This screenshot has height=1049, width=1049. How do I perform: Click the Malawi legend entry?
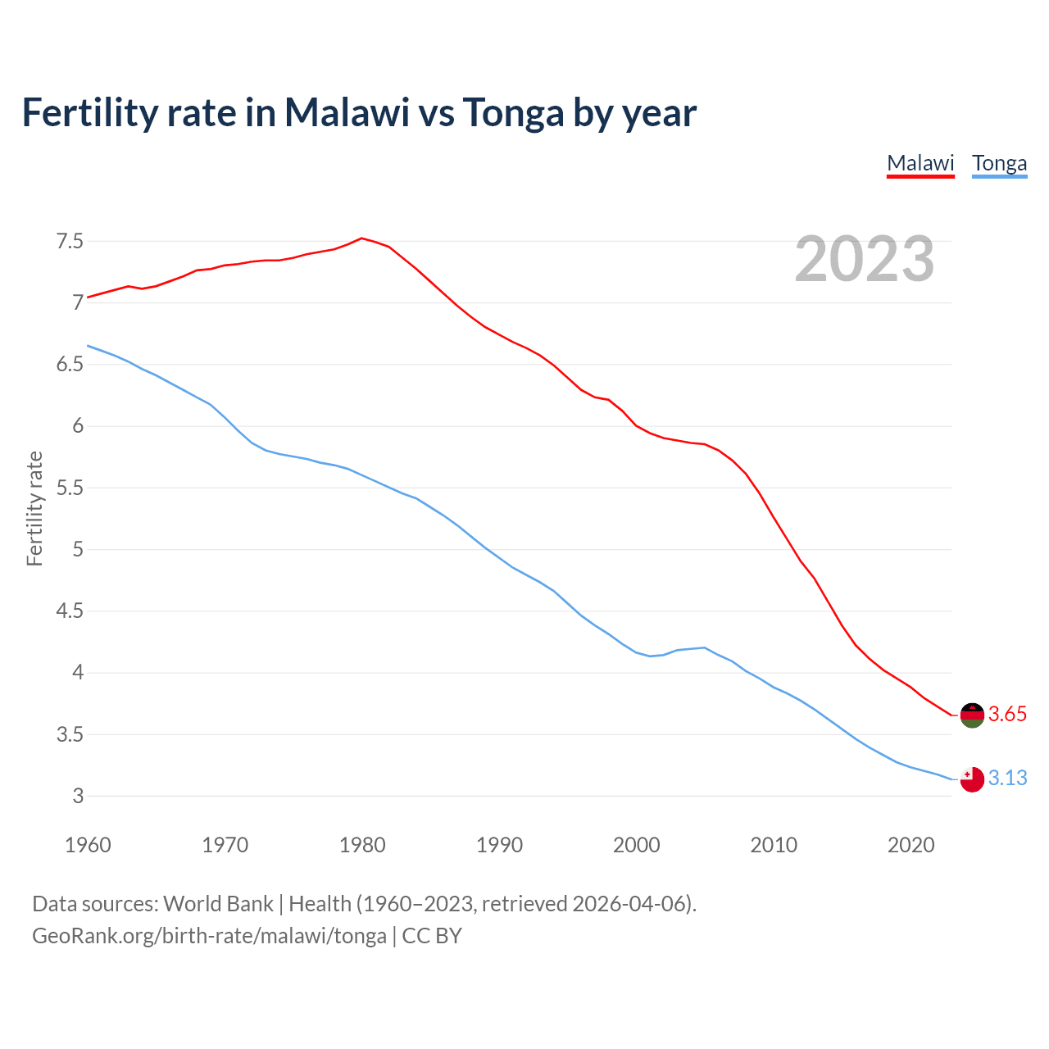click(x=920, y=163)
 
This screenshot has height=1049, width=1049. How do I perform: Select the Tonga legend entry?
click(x=999, y=163)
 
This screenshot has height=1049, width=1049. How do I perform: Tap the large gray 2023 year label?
click(x=865, y=259)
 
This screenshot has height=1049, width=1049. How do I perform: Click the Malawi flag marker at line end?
click(x=972, y=715)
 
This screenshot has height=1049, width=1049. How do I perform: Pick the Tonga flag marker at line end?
click(x=972, y=779)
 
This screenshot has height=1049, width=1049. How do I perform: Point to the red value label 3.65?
click(x=1007, y=714)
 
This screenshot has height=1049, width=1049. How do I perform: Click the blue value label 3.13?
click(x=1007, y=778)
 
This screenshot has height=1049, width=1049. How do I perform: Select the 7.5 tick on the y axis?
click(x=70, y=241)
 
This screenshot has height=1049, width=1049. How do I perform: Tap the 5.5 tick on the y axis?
click(x=70, y=488)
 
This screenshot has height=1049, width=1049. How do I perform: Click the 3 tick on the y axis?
click(x=78, y=796)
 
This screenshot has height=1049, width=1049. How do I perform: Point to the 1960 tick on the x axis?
click(x=88, y=845)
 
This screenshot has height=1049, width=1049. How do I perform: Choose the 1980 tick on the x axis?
click(x=362, y=845)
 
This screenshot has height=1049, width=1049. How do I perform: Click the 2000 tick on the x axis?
click(x=637, y=845)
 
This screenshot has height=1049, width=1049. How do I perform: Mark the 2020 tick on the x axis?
click(x=910, y=845)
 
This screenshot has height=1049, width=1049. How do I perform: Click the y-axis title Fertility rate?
click(x=34, y=508)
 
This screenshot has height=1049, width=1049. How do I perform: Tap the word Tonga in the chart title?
click(x=513, y=112)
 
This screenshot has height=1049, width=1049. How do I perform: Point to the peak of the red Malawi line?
click(x=362, y=238)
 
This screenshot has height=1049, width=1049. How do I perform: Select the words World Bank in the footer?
click(x=218, y=903)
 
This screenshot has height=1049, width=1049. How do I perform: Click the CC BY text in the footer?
click(x=432, y=935)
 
